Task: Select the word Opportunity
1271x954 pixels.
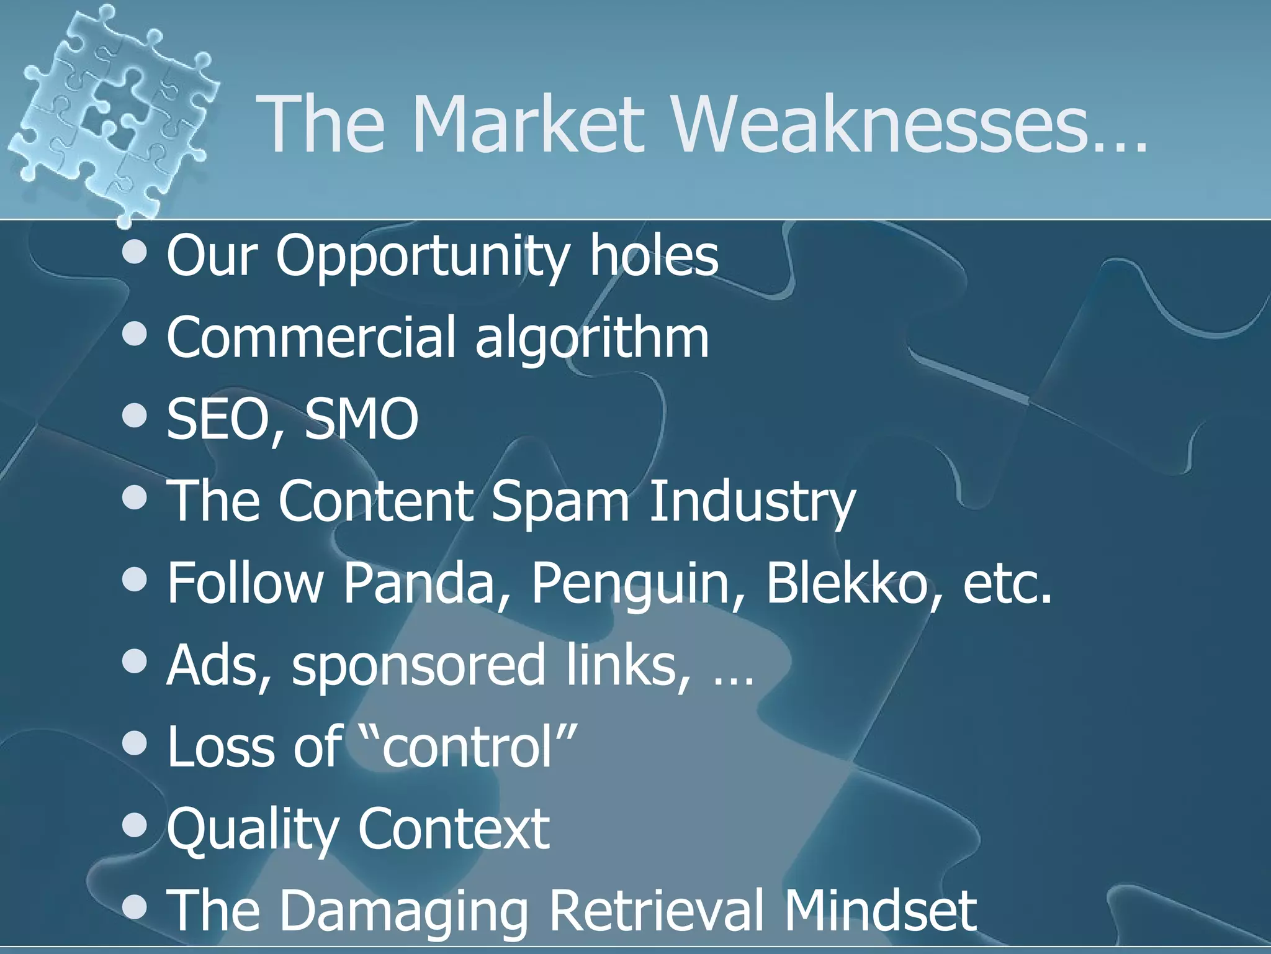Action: click(422, 257)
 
